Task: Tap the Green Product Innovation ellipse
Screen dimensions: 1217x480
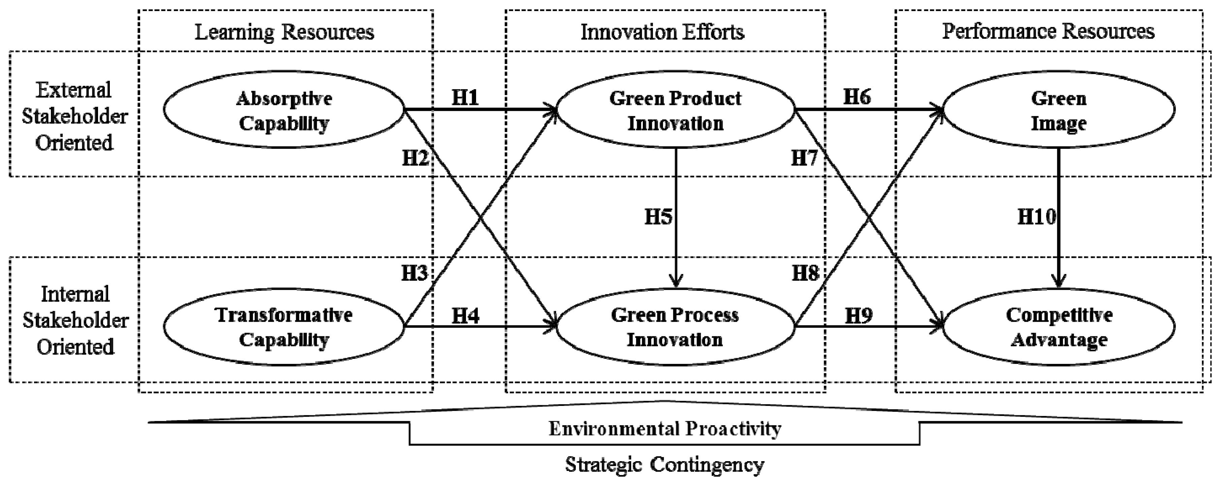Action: tap(675, 110)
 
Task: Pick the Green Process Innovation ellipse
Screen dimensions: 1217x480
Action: tap(675, 327)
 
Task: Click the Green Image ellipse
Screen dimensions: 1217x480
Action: tap(1058, 110)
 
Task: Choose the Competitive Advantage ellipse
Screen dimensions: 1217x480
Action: tap(1058, 327)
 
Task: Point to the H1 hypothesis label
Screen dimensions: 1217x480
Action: tap(465, 97)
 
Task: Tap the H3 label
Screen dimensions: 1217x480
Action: tap(414, 273)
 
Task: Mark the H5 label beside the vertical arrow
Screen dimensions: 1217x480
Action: tap(658, 217)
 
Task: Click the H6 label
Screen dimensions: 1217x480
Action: tap(857, 97)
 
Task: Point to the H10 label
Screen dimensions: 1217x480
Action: tap(1036, 217)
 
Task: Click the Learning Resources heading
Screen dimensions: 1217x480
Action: tap(284, 32)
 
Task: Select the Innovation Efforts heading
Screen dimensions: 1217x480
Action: tap(662, 32)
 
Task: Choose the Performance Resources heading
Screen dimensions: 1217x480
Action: tap(1048, 31)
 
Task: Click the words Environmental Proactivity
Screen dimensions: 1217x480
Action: tap(665, 428)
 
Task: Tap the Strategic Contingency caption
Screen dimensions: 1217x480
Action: tap(665, 465)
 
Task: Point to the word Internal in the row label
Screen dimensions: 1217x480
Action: tap(75, 295)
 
